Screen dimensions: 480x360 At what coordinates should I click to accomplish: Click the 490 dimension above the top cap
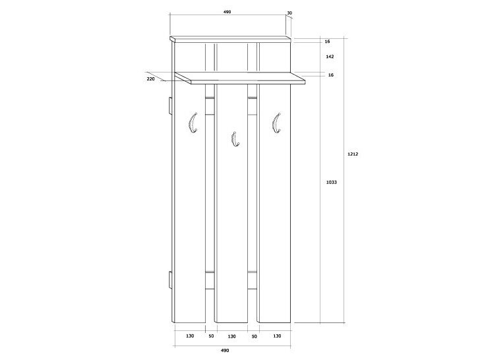click(227, 12)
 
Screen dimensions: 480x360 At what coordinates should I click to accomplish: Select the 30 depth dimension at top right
click(289, 13)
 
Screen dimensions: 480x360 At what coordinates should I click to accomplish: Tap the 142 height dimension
click(330, 56)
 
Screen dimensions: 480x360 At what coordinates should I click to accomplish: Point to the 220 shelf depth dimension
click(150, 78)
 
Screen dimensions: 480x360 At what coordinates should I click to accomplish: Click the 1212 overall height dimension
click(353, 154)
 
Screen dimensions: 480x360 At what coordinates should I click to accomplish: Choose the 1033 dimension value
click(331, 182)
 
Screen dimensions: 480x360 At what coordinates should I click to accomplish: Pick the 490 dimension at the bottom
click(225, 350)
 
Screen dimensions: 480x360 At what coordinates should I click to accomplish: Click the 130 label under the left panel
click(190, 336)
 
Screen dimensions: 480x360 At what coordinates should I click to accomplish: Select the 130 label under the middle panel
click(231, 336)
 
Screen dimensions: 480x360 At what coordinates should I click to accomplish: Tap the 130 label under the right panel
click(277, 336)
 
